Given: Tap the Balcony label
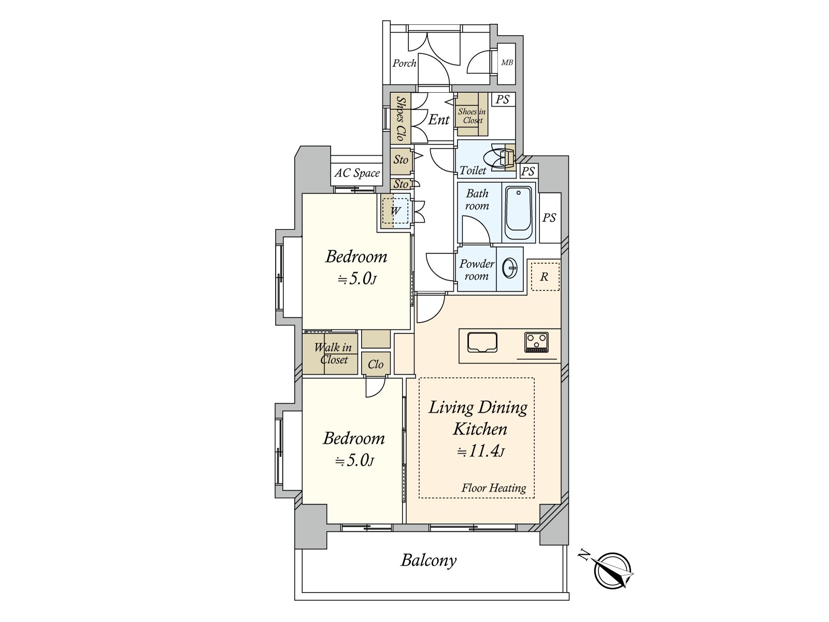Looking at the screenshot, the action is click(428, 560).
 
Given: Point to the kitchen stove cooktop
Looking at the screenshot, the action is click(536, 343).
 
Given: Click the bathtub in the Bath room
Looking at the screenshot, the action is click(518, 214).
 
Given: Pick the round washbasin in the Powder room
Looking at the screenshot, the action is click(510, 268).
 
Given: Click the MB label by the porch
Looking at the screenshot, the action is click(507, 63).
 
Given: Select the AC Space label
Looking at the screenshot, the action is click(357, 173).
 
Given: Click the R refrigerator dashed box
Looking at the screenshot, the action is click(545, 277).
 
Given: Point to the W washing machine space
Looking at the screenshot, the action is click(395, 210).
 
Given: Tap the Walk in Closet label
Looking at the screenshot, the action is click(333, 354).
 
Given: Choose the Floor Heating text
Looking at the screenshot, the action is click(494, 488).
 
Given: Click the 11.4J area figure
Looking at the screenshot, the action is click(481, 451).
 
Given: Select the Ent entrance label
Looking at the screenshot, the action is click(438, 120).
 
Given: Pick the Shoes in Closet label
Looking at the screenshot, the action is click(472, 116).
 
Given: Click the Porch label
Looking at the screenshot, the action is click(404, 63).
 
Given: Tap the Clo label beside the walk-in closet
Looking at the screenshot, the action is click(376, 364).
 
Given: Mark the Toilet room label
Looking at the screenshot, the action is click(473, 171).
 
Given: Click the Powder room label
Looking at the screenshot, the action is click(477, 270).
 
